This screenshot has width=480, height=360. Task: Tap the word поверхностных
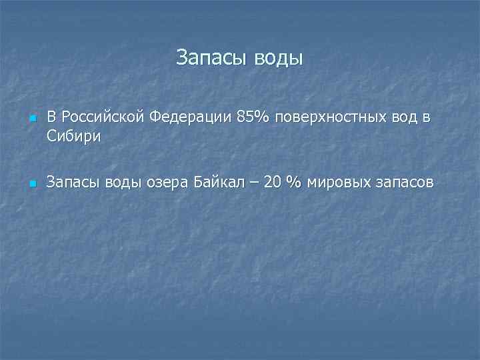click(x=321, y=118)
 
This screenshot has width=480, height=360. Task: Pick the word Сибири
click(x=73, y=137)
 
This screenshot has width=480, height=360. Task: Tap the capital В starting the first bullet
click(x=51, y=118)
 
